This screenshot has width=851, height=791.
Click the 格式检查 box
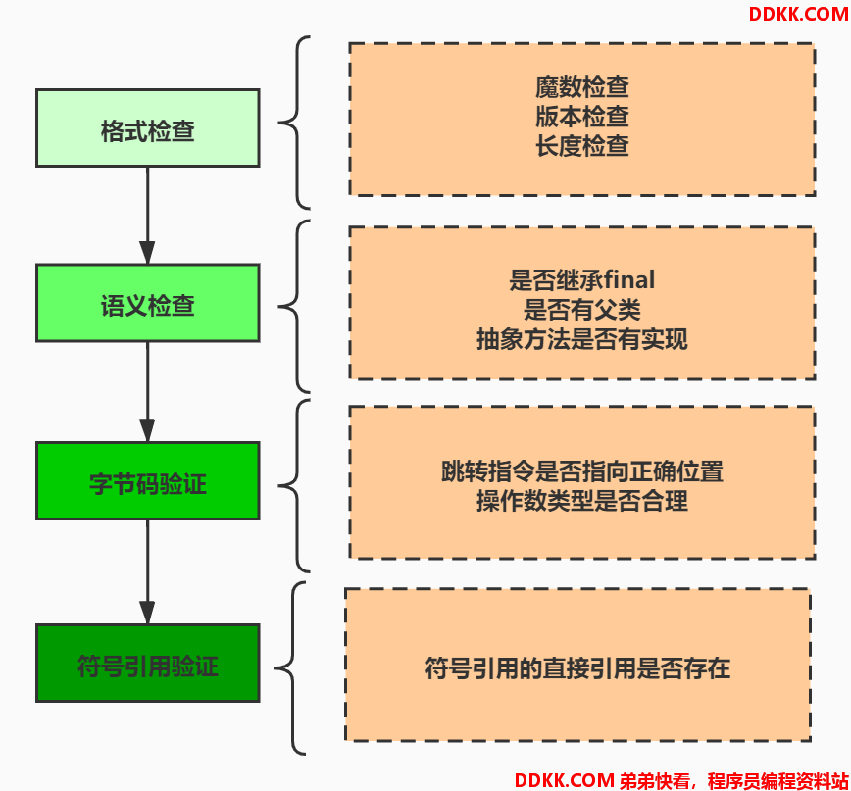148,128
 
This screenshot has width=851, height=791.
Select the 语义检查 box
148,303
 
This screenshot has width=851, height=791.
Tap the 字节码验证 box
148,481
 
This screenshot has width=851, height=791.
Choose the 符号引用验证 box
148,664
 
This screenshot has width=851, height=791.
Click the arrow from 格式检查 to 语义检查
148,216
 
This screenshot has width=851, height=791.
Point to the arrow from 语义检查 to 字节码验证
148,392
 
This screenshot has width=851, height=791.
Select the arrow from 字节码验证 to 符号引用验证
148,572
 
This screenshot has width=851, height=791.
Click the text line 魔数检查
582,87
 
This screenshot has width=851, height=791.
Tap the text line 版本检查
582,116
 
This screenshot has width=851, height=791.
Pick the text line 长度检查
582,146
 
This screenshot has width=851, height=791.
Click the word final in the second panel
629,280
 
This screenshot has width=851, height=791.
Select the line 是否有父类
582,310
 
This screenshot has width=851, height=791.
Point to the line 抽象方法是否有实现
582,339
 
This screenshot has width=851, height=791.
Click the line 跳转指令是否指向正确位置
582,470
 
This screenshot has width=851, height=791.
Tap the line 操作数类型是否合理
582,501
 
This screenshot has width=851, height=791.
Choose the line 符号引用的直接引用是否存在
578,667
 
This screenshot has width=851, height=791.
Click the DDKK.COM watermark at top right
798,14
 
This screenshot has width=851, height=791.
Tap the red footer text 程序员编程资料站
777,780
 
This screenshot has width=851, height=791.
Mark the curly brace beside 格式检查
297,123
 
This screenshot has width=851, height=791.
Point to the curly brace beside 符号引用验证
293,668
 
